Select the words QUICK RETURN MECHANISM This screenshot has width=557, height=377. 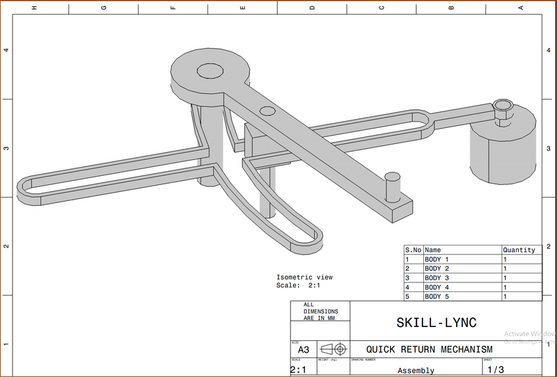(430, 349)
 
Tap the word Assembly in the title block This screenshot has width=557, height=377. (416, 370)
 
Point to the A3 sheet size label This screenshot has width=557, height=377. (303, 350)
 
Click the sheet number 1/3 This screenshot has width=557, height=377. (496, 369)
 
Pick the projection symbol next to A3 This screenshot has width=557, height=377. (332, 349)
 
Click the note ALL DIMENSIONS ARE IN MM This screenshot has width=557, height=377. (320, 312)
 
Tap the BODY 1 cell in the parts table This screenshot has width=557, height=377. (437, 259)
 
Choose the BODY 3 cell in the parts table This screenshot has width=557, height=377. (437, 278)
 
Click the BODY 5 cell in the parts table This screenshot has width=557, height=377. (437, 296)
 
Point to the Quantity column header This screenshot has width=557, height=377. (519, 250)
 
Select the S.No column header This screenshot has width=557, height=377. (413, 250)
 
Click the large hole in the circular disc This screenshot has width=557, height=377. (209, 70)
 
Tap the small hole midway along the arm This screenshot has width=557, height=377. (267, 111)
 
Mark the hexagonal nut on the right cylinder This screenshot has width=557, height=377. (502, 106)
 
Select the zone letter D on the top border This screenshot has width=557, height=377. (312, 8)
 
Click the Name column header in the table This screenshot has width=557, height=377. (433, 250)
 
